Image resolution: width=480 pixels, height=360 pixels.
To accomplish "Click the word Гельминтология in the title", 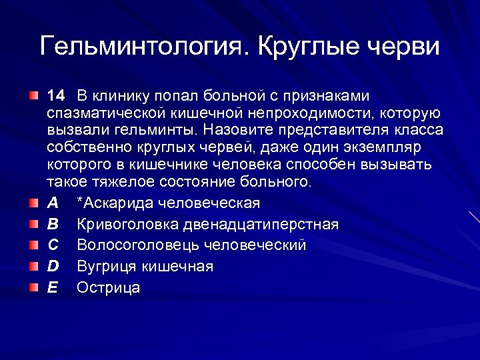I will tap(144, 46).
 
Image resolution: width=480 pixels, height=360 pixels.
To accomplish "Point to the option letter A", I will tap(53, 203).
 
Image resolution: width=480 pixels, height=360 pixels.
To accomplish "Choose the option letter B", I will tap(53, 224).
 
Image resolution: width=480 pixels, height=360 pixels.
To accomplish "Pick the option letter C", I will tap(53, 245).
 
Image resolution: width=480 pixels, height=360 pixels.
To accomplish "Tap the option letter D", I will tap(53, 267).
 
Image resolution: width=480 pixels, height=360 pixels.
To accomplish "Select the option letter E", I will tap(53, 288).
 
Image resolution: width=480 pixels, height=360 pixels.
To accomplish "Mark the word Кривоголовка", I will tap(125, 224).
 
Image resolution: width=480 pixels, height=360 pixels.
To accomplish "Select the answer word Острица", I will tap(109, 288).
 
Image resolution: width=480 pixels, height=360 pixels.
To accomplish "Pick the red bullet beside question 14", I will tap(34, 97).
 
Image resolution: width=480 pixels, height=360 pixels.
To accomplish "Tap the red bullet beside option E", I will tap(34, 289).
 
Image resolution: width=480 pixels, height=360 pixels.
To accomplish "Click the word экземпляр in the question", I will tap(387, 147).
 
